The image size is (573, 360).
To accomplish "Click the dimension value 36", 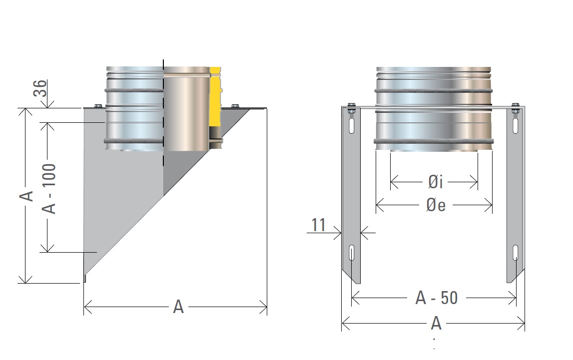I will [42, 89].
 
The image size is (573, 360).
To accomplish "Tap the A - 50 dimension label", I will [436, 298].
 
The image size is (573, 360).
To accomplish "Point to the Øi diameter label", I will [435, 183].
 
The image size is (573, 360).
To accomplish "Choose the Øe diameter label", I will [436, 205].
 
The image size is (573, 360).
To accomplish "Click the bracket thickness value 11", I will [319, 226].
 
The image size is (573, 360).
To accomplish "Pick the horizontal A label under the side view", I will [178, 307].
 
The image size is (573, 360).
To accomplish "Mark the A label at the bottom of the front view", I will [436, 324].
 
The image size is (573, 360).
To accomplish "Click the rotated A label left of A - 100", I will [29, 195].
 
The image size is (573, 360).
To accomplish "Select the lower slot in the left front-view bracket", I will [352, 253].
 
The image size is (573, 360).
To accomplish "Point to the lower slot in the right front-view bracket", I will [515, 253].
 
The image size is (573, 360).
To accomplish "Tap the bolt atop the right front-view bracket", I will [515, 107].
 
